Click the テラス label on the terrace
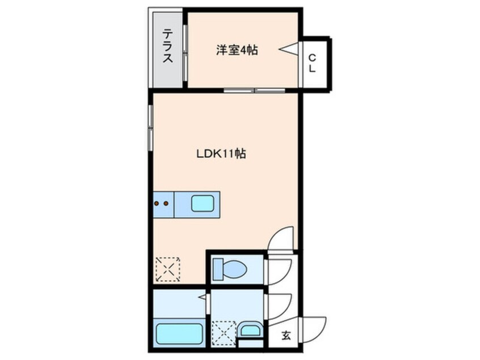coord(168,48)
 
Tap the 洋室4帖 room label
coord(237,51)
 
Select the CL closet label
coord(313,62)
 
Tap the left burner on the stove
coord(157,202)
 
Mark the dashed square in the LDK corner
coord(167,269)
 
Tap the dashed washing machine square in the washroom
coord(222,333)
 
